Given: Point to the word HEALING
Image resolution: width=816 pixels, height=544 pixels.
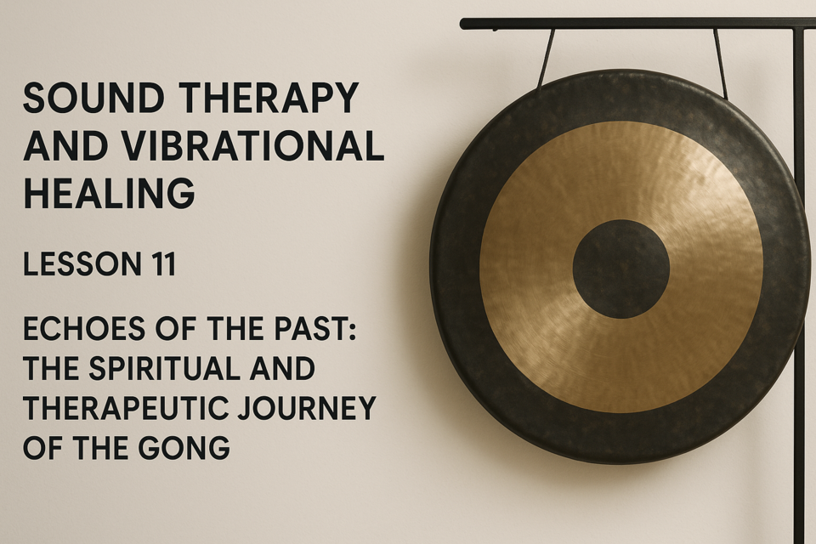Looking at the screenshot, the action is pyautogui.click(x=109, y=193).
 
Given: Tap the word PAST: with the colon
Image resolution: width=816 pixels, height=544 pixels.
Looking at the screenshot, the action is pyautogui.click(x=320, y=329).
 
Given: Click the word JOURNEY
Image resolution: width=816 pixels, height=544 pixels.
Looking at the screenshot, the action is pyautogui.click(x=307, y=408).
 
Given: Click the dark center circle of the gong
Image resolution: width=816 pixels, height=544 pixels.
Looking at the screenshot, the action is pyautogui.click(x=620, y=269).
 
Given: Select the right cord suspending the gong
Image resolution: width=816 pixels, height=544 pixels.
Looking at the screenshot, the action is pyautogui.click(x=720, y=62).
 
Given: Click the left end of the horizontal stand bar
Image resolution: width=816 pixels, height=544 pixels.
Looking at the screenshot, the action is pyautogui.click(x=462, y=24).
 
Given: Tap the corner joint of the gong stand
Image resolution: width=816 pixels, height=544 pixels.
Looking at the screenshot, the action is pyautogui.click(x=800, y=24).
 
